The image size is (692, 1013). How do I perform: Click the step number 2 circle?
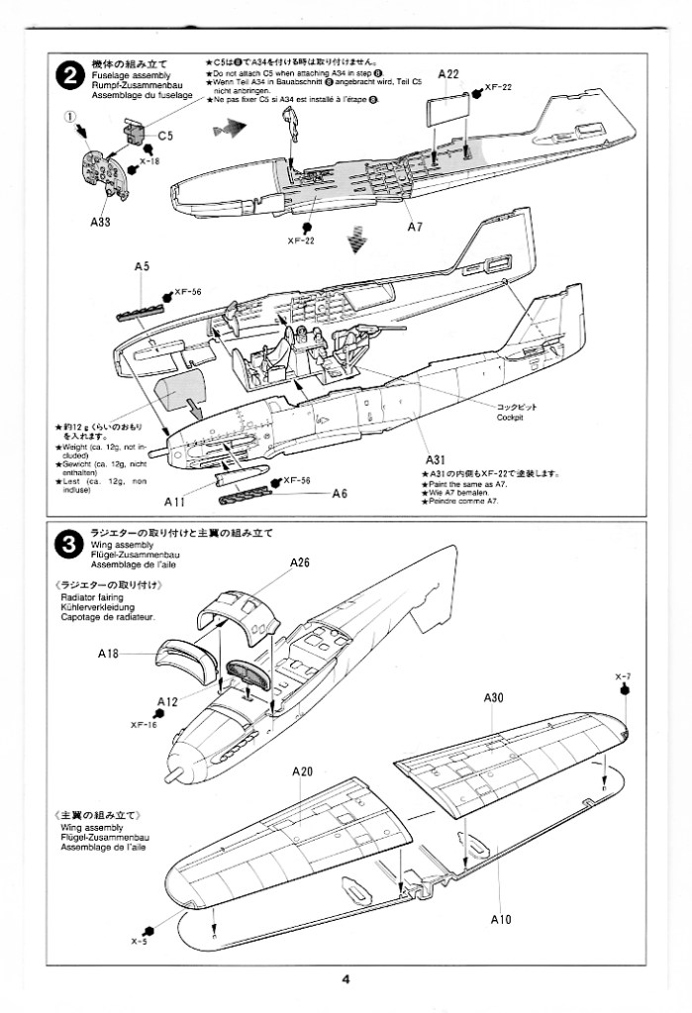[x=67, y=75]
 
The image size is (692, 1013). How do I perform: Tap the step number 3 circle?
[x=67, y=544]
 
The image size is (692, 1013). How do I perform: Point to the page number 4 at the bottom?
[x=346, y=980]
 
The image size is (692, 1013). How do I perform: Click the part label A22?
[x=447, y=74]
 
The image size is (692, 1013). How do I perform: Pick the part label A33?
[x=99, y=222]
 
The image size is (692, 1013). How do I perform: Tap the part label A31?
[x=438, y=459]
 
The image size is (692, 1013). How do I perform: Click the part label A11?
[x=176, y=502]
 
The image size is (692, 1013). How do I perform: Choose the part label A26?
[x=300, y=563]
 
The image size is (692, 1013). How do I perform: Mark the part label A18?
[x=109, y=654]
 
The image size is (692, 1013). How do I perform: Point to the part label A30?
[x=495, y=698]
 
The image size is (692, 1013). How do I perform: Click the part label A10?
[x=500, y=920]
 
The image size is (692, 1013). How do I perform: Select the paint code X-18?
[x=148, y=160]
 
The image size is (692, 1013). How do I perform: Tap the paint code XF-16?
[x=144, y=724]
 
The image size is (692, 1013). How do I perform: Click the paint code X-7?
[x=623, y=676]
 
